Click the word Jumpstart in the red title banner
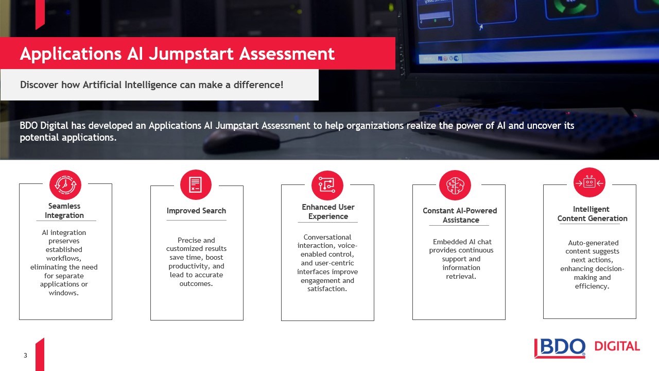coord(192,54)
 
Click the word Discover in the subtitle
coord(39,85)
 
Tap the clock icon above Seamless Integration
coord(65,185)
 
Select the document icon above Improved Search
coord(196,184)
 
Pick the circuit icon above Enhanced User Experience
coord(327,185)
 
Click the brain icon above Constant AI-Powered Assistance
coord(455,185)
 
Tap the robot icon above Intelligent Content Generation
coord(589,183)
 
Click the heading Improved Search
coord(196,211)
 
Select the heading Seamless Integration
coord(64,211)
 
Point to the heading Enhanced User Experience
coord(328,212)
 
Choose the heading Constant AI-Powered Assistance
coord(460,215)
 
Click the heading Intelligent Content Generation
coord(592,214)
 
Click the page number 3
coord(25,356)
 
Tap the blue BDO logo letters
coord(560,348)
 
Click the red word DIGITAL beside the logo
coord(617,346)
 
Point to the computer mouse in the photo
coord(241,142)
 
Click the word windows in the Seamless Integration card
coord(63,293)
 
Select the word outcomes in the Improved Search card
coord(196,284)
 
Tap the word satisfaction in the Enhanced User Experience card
coord(327,289)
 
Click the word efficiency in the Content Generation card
coord(592,286)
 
